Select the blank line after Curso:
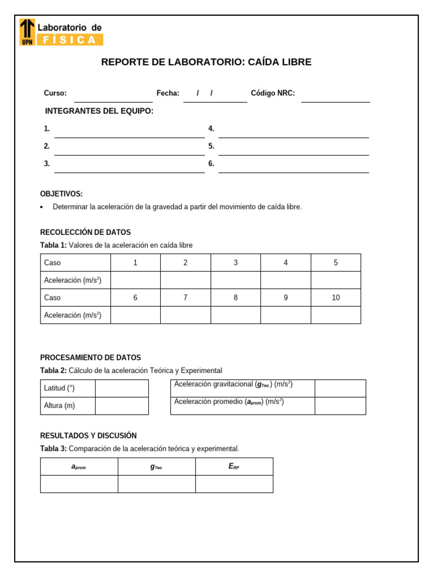click(113, 97)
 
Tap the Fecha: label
click(167, 93)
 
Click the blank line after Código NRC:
click(335, 97)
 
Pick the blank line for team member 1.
click(129, 132)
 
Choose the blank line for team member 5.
click(293, 150)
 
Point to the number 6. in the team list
click(211, 163)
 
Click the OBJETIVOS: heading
click(61, 194)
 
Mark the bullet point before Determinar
click(42, 207)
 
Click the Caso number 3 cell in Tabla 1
click(236, 263)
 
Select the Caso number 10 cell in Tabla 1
click(335, 298)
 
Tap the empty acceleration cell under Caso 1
click(135, 280)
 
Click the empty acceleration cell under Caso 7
click(185, 315)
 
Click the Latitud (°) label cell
click(68, 388)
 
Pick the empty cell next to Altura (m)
click(122, 406)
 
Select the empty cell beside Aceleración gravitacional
click(340, 388)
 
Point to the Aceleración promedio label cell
click(242, 405)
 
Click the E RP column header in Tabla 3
click(234, 467)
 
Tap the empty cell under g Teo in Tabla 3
click(157, 484)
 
